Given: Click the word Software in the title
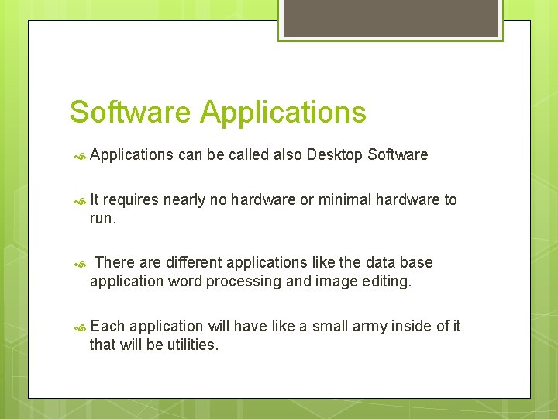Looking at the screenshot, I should [129, 113].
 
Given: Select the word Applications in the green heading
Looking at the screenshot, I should [283, 113].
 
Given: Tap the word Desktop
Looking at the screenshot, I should [335, 154].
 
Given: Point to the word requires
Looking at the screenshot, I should [130, 200].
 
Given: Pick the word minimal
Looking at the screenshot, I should [345, 200].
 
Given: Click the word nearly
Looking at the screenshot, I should [184, 200].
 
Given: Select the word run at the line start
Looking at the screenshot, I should [101, 219].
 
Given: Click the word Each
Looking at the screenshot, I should [107, 326].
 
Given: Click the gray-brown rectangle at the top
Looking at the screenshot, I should [390, 18].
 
